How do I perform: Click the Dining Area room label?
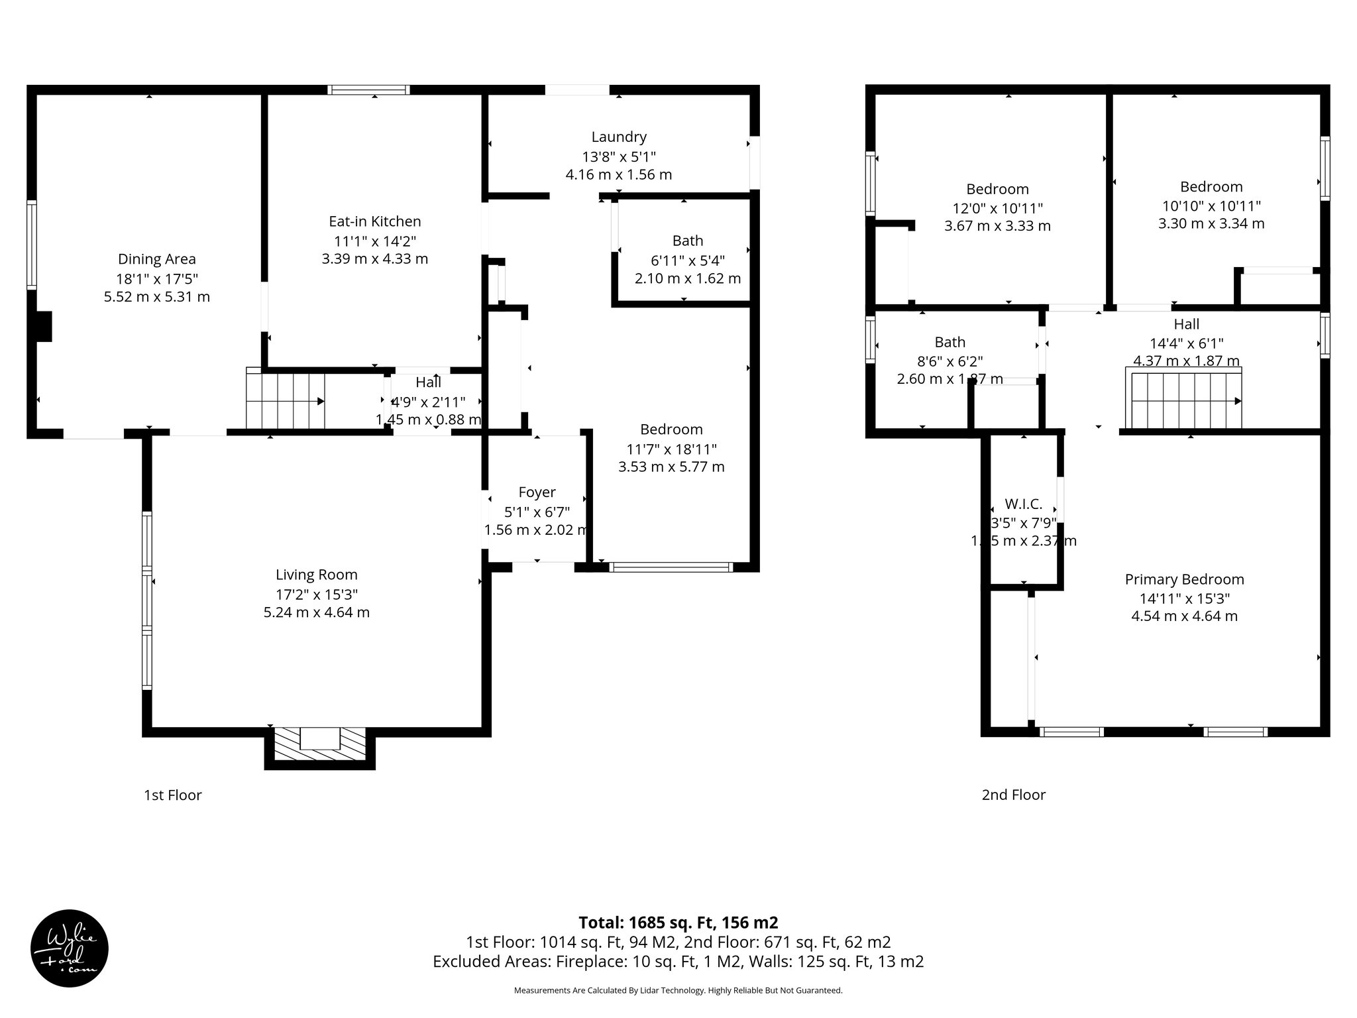point(157,259)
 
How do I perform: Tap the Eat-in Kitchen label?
point(375,221)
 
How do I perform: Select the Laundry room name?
point(619,137)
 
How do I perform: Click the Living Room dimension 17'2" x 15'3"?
point(317,594)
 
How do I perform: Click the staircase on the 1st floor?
point(286,401)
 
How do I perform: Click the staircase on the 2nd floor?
point(1186,401)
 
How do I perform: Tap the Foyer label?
point(537,492)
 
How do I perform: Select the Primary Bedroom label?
point(1184,579)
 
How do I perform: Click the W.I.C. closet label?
point(1023,504)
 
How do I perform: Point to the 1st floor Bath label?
point(687,241)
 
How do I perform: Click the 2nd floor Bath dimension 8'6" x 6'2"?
point(950,361)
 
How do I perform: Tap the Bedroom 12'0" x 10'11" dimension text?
point(997,207)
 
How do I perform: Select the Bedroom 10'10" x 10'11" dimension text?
point(1211,205)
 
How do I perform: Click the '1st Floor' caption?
point(172,795)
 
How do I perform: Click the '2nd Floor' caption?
point(1013,795)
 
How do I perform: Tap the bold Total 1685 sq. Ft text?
point(678,922)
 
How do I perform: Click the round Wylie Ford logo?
point(70,948)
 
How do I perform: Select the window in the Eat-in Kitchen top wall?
point(369,90)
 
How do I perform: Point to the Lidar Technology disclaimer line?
point(678,990)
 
